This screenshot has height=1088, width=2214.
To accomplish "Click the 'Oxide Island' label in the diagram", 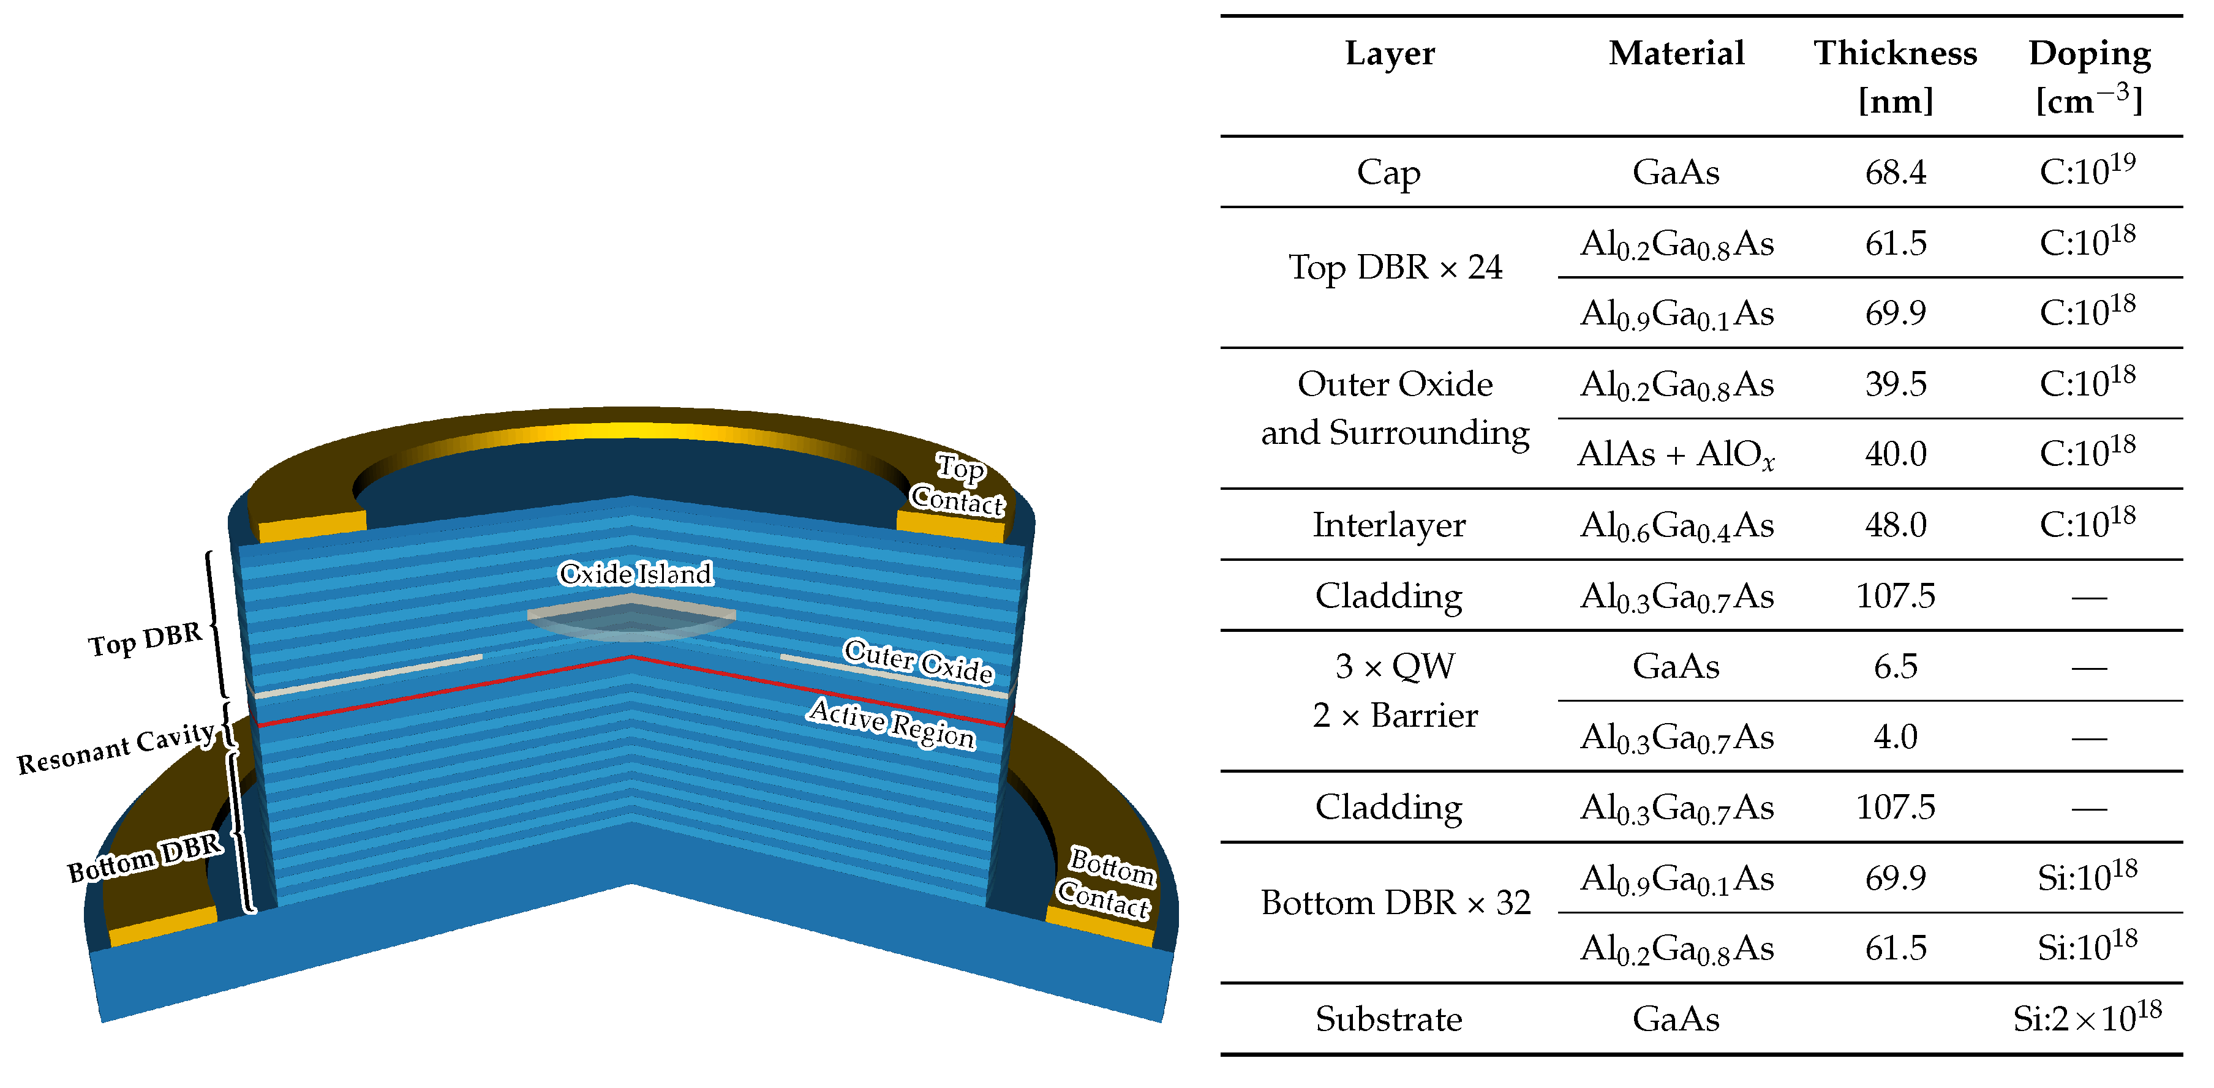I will coord(635,573).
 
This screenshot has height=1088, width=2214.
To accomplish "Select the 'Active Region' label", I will coord(891,722).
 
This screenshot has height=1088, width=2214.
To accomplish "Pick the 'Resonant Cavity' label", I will coord(116,748).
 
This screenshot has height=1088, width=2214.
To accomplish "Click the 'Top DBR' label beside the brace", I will coord(145,639).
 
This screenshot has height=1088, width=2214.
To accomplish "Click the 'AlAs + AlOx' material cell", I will coord(1676,454).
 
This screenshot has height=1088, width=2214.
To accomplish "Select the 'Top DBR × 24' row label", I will coord(1395,268).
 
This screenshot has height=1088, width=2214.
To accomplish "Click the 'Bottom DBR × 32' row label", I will coord(1395,902).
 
